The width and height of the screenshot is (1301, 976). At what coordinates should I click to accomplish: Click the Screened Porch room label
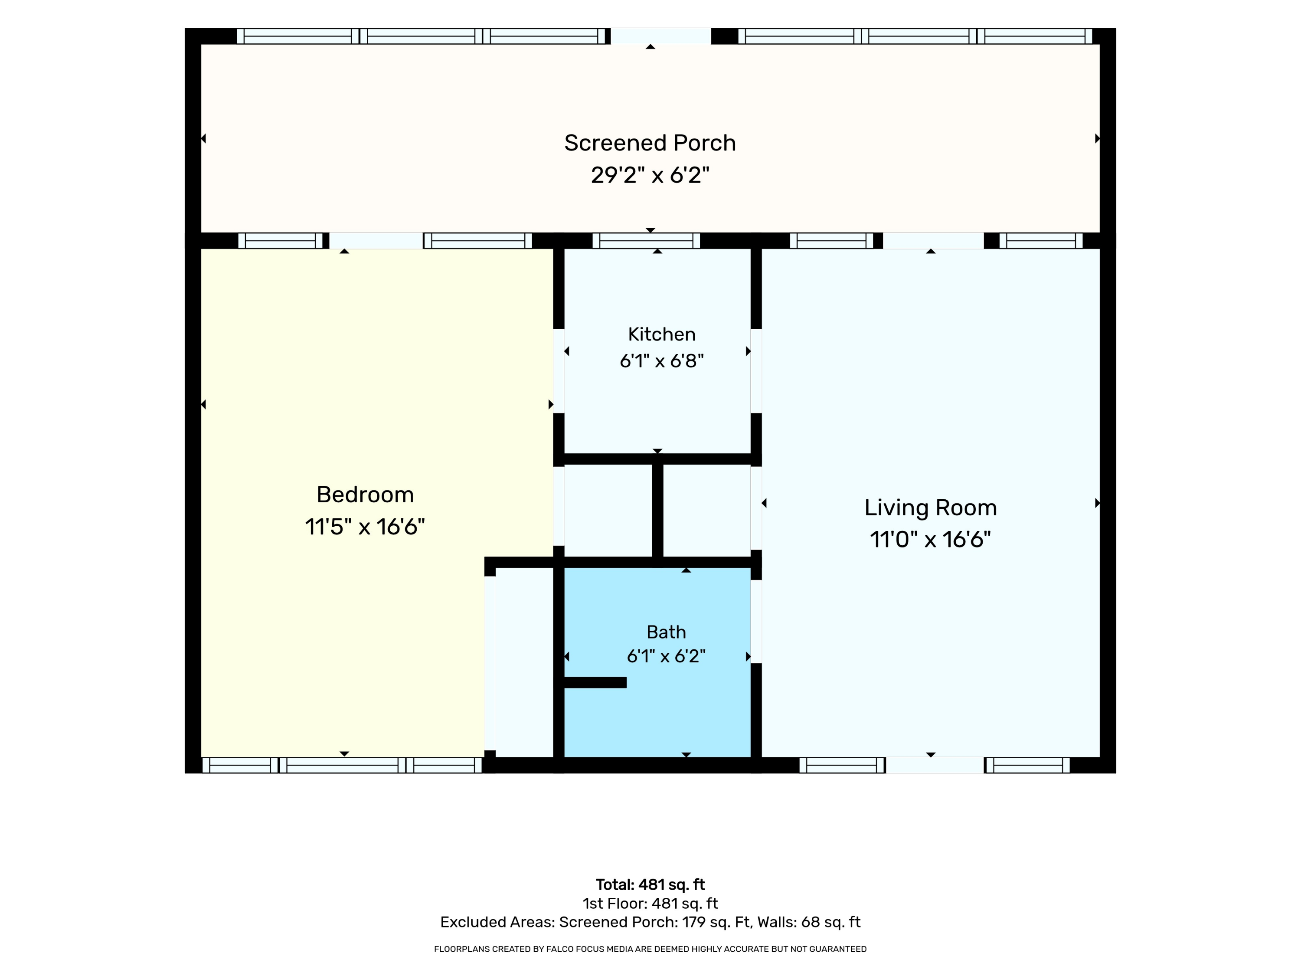point(650,143)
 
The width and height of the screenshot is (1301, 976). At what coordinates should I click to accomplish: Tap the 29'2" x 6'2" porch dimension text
point(650,175)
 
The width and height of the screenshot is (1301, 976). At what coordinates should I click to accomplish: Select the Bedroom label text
point(365,495)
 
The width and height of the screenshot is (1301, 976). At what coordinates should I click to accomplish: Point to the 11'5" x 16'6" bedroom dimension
point(365,527)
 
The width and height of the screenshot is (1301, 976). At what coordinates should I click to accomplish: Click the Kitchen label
point(662,334)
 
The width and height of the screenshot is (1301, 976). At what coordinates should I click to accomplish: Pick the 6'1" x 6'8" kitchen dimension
point(662,360)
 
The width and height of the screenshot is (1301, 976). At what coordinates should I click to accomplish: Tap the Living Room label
point(931,508)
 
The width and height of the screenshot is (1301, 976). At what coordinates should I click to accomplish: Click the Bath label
point(667,632)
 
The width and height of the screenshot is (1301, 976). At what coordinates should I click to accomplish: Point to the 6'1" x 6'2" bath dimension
point(667,656)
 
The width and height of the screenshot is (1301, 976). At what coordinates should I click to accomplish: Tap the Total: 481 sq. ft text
point(650,885)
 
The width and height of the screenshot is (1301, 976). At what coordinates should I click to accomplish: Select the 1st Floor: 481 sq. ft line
point(650,904)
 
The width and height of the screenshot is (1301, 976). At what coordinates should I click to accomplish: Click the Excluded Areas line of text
point(650,922)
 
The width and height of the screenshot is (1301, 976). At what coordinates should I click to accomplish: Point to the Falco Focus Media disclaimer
point(650,949)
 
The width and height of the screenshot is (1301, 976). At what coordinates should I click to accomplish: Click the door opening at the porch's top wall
point(661,36)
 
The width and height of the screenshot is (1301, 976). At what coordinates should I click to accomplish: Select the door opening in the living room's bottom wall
point(935,765)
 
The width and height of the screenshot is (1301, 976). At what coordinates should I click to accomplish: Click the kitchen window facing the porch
point(646,241)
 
